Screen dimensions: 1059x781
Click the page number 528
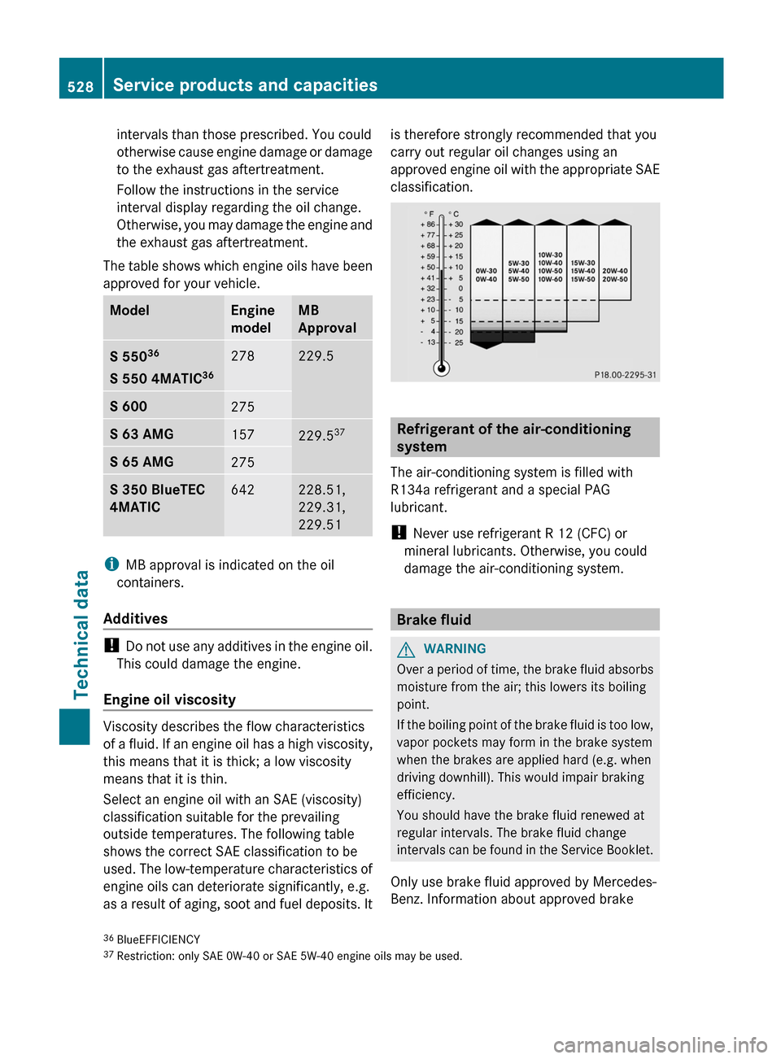coord(81,86)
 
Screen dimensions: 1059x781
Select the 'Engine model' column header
coord(252,319)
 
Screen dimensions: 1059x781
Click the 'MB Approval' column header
coord(327,319)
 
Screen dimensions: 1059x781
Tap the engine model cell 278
coord(242,356)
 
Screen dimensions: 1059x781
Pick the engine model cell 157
coord(242,434)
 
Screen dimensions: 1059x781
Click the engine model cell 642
coord(242,490)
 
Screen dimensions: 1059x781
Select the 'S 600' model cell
coord(129,407)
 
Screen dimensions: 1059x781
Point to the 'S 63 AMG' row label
coord(142,434)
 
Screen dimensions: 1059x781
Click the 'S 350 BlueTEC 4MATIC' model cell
coord(157,498)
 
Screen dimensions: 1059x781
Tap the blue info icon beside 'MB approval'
coord(111,564)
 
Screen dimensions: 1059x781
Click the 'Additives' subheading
coord(136,619)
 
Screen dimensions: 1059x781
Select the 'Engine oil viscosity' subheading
coord(169,699)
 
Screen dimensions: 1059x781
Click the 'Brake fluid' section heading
coord(434,620)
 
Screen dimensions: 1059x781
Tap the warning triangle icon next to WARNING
coord(405,649)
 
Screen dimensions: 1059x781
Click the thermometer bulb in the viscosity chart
coord(442,368)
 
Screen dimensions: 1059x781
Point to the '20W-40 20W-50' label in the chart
coord(615,275)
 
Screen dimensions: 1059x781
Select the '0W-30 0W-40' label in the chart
coord(486,275)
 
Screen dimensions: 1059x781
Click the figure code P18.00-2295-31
coord(625,375)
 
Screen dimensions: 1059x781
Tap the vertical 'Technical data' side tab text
coord(81,634)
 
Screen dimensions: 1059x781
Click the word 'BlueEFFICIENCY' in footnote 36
coord(159,939)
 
